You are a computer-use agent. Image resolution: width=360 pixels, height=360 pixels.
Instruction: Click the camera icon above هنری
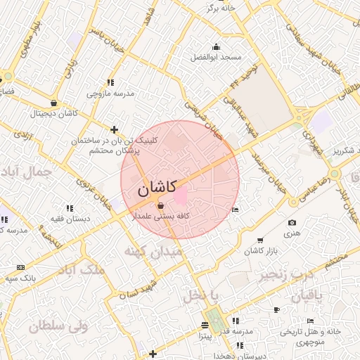coord(292,223)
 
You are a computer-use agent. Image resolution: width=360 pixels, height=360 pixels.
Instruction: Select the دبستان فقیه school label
coord(69,219)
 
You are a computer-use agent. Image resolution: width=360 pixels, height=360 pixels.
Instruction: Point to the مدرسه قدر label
coord(239,331)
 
